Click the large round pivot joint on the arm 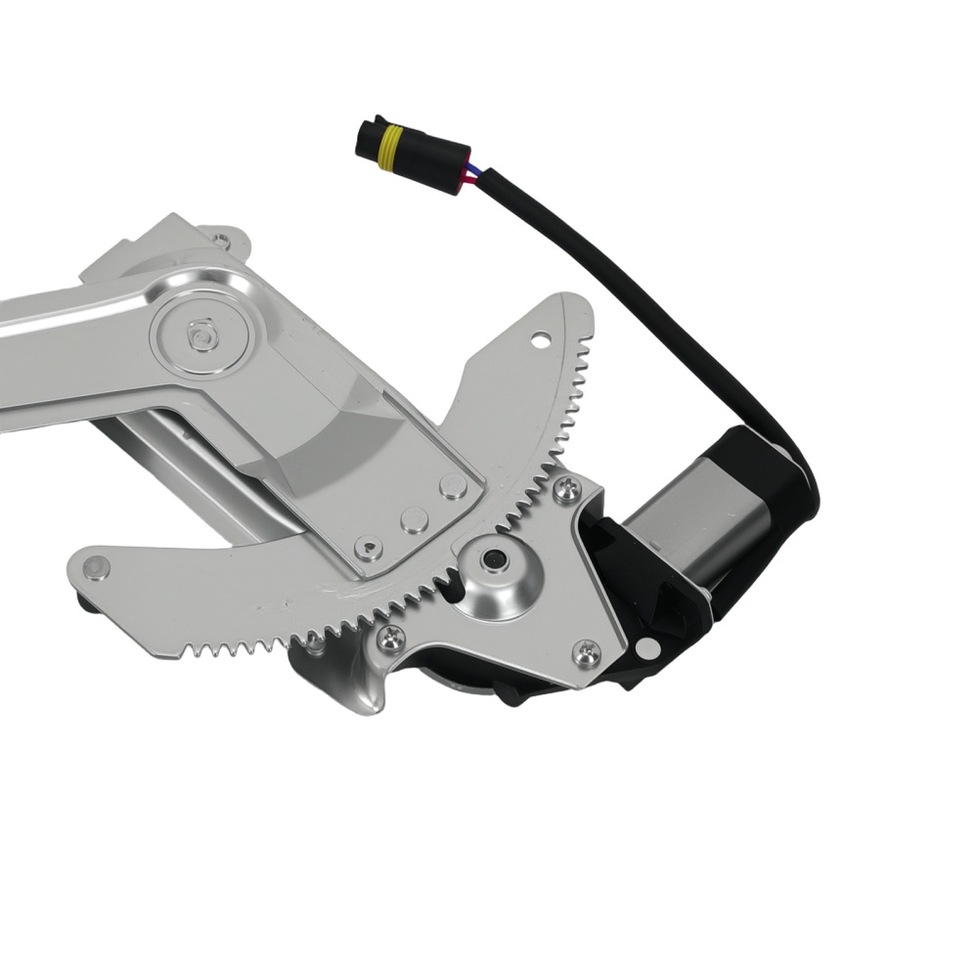click(x=202, y=334)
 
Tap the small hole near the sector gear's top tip click(x=537, y=341)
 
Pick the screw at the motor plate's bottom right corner click(x=587, y=651)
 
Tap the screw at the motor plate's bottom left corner click(x=389, y=639)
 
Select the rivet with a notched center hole click(x=369, y=547)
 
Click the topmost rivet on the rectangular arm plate click(x=452, y=486)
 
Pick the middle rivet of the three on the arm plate click(x=413, y=517)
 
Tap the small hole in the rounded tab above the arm click(x=223, y=238)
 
